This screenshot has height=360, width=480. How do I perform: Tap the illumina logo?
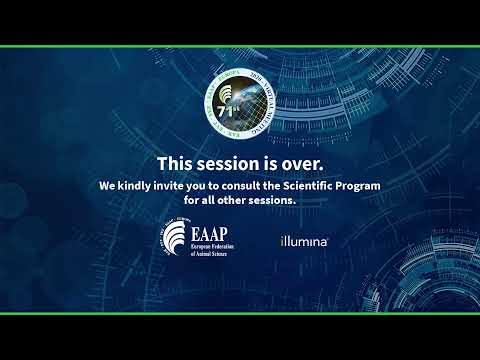(304, 242)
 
